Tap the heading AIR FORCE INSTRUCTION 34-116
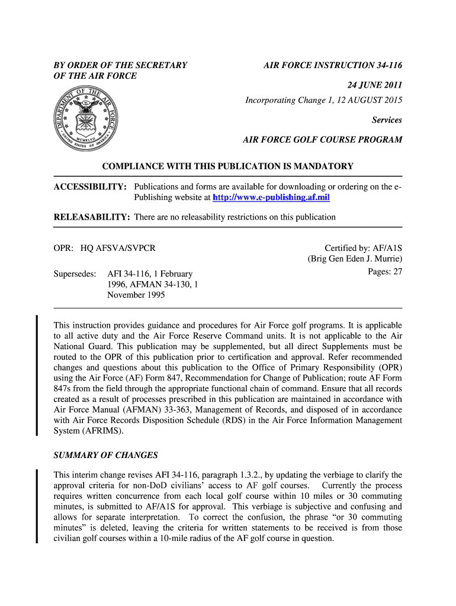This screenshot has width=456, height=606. click(332, 65)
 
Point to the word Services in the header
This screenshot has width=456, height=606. click(387, 120)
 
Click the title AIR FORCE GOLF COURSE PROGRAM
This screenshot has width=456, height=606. click(322, 140)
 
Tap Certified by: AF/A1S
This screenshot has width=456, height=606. click(363, 249)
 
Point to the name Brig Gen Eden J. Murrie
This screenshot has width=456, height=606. click(355, 259)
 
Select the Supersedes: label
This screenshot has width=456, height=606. click(75, 274)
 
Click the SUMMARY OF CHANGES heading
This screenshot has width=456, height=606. click(105, 455)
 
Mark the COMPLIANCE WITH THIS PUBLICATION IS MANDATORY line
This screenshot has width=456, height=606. click(228, 166)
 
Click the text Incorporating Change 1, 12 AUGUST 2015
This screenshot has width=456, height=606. click(323, 100)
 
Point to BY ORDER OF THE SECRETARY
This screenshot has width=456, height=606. click(120, 65)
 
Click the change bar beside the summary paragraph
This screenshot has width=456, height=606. click(37, 506)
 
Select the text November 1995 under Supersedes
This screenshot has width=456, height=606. click(136, 295)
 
